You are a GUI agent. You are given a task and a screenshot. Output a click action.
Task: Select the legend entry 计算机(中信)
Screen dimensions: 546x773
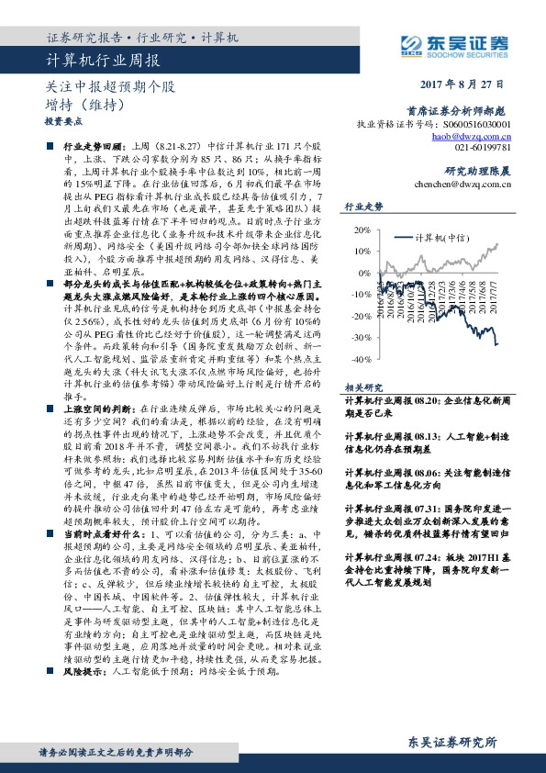click(442, 236)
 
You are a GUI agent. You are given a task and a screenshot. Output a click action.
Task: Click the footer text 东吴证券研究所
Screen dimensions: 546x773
click(454, 740)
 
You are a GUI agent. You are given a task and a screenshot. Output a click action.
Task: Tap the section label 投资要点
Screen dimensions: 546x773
click(61, 120)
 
